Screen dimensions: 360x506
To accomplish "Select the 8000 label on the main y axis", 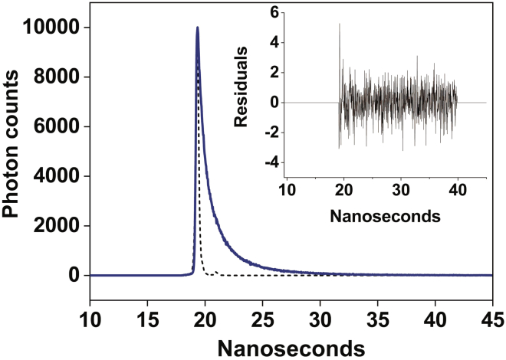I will coord(57,77).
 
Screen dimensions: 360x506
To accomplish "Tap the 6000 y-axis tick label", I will coord(57,127).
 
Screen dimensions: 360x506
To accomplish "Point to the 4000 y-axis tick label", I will coord(57,176).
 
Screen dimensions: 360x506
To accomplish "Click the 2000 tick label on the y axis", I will coord(57,226).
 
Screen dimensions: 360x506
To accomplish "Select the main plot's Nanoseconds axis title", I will coord(291,347).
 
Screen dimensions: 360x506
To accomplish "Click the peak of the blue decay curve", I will coord(198,28).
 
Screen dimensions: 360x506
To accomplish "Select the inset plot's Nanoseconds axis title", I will coord(385,216).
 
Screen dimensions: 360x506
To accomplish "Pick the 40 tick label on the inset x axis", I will coord(457,189).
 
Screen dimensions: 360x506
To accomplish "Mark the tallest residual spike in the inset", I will coord(340,25).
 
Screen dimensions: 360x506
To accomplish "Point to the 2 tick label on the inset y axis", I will coord(273,73).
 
